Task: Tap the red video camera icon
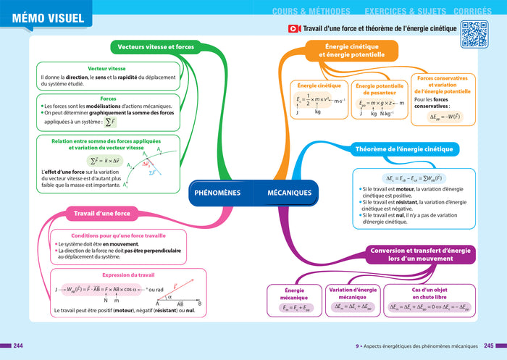294,29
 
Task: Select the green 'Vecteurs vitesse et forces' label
156,47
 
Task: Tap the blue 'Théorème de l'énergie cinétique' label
404,149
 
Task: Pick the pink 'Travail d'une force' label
102,213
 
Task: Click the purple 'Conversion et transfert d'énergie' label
420,254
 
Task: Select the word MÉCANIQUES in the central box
289,193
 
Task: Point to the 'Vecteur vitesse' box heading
106,68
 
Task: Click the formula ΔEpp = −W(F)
440,117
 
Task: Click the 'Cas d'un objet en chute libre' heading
429,293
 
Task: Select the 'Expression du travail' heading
118,275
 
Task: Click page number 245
490,345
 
